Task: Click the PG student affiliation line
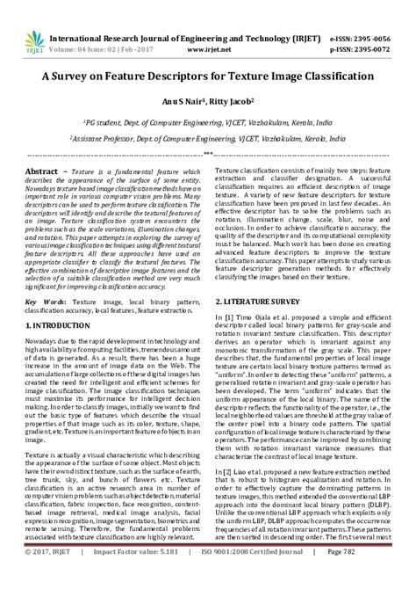[x=208, y=123]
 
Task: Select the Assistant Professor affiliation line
[x=208, y=139]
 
